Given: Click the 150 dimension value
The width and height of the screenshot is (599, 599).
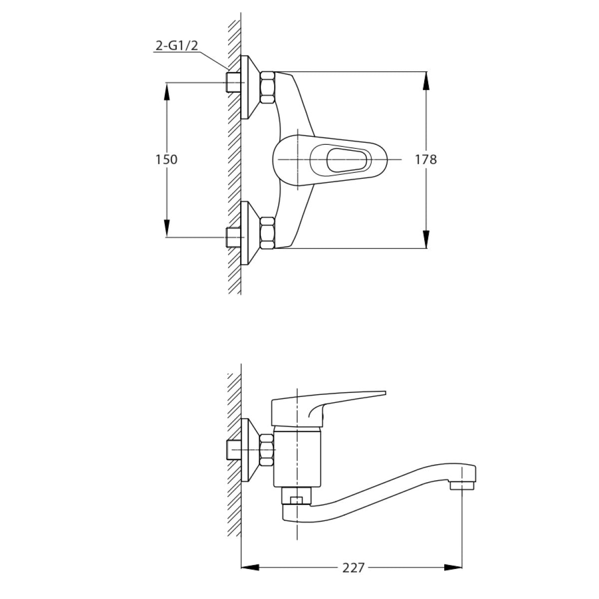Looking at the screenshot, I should (167, 159).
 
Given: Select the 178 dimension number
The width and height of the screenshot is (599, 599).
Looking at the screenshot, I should (425, 159).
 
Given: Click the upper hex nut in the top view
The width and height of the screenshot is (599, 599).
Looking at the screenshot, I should (268, 87).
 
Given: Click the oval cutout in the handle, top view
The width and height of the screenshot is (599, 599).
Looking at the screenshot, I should (345, 160).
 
